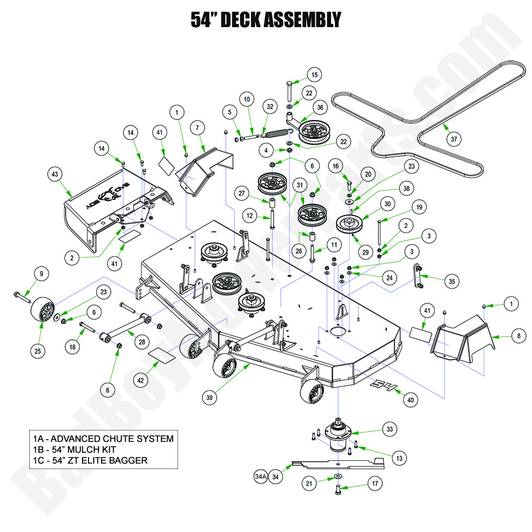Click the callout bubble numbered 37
coord(454,138)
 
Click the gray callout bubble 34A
coord(261,477)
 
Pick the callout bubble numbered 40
coord(410,400)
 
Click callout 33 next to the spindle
coord(388,428)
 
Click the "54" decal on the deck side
coord(384,387)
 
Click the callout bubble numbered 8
coord(518,337)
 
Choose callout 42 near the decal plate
coord(141,381)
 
